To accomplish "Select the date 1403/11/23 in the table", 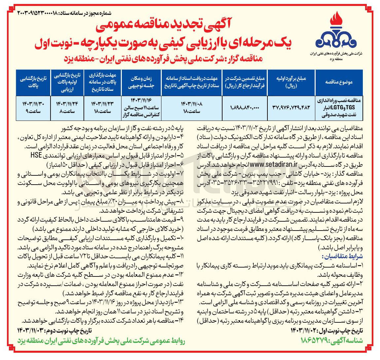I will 101,104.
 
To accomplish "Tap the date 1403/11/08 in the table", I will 191,104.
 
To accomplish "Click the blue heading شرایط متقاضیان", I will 342,256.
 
